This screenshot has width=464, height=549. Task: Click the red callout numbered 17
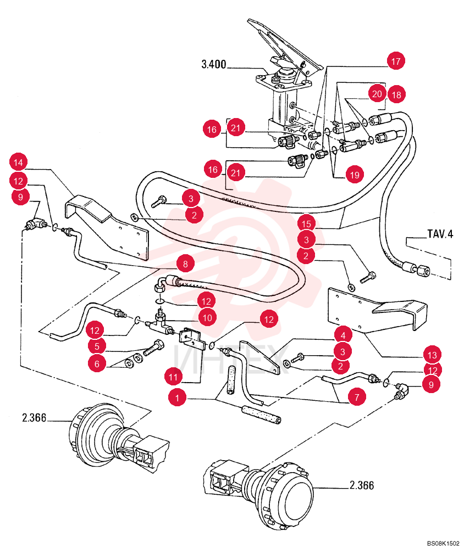pyautogui.click(x=396, y=61)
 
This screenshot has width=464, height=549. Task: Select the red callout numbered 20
pyautogui.click(x=377, y=94)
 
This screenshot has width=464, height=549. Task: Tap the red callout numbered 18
pyautogui.click(x=396, y=94)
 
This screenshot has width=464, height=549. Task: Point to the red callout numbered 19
pyautogui.click(x=355, y=175)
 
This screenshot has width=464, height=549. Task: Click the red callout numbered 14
pyautogui.click(x=18, y=162)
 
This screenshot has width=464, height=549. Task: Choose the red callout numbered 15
pyautogui.click(x=306, y=223)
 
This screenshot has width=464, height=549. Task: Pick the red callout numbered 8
pyautogui.click(x=185, y=264)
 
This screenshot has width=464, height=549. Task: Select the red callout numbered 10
pyautogui.click(x=207, y=317)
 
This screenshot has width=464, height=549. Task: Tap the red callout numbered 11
pyautogui.click(x=173, y=377)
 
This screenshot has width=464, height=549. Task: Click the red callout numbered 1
pyautogui.click(x=177, y=397)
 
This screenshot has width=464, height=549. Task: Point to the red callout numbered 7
pyautogui.click(x=357, y=397)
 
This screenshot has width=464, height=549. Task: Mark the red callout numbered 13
pyautogui.click(x=432, y=355)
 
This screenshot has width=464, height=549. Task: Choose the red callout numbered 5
pyautogui.click(x=97, y=346)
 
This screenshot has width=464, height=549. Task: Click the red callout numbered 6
pyautogui.click(x=97, y=363)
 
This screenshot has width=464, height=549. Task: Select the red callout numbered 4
pyautogui.click(x=343, y=335)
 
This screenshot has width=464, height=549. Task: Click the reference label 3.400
pyautogui.click(x=214, y=64)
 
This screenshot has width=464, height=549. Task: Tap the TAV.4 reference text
pyautogui.click(x=440, y=233)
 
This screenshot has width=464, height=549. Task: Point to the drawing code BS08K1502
pyautogui.click(x=443, y=543)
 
